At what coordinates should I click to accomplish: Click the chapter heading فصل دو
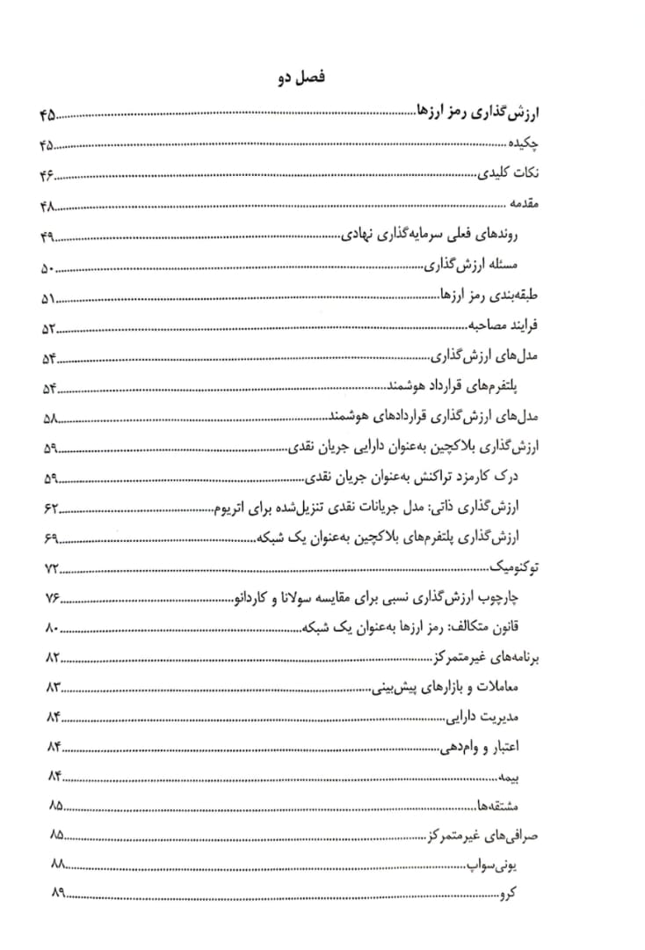[x=301, y=79]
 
